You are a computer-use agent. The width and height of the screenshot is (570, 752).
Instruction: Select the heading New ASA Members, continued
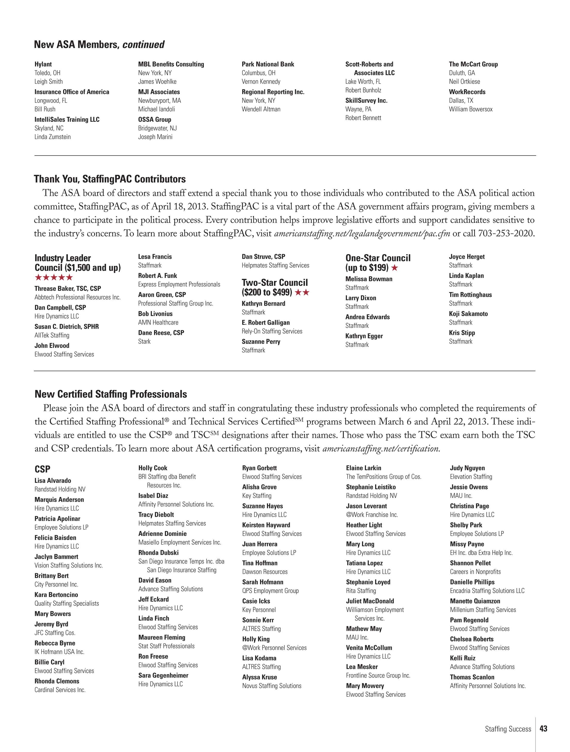[x=99, y=45]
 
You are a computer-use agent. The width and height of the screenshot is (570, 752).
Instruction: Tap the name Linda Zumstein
[x=53, y=137]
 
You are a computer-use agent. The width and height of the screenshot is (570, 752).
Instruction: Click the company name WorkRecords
[x=467, y=92]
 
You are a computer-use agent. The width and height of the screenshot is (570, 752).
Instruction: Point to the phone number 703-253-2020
[x=506, y=234]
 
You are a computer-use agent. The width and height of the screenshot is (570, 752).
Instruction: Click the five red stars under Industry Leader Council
[x=54, y=277]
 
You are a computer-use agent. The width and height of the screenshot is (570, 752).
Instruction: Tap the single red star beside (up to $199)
[x=395, y=268]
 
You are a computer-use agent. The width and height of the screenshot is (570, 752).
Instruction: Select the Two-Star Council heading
[x=275, y=283]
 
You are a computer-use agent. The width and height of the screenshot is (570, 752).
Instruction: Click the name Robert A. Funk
[x=157, y=276]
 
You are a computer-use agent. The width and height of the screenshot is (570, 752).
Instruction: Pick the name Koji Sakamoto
[x=468, y=314]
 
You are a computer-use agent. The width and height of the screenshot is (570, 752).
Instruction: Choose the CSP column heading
[x=42, y=469]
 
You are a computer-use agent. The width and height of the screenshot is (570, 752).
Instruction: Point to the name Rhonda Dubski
[x=158, y=552]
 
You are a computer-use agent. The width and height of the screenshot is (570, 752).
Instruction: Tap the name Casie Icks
[x=256, y=601]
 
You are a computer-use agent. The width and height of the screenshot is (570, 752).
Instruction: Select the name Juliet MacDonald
[x=370, y=601]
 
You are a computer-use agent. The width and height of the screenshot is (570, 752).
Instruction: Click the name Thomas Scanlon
[x=472, y=677]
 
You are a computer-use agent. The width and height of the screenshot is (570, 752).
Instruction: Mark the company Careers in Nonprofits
[x=475, y=572]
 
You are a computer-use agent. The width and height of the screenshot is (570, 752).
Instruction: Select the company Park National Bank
[x=268, y=64]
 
